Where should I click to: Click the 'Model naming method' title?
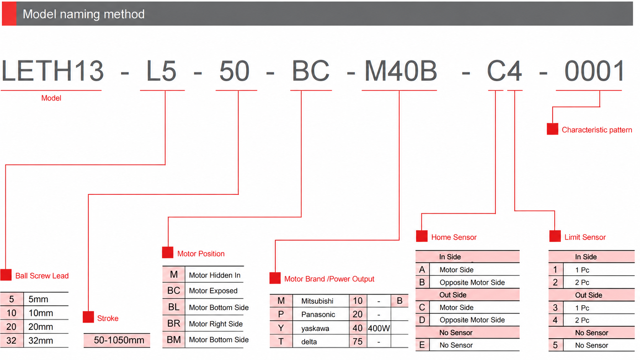83,14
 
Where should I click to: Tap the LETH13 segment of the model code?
52,71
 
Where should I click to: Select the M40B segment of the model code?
401,71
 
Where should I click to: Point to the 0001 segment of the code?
595,71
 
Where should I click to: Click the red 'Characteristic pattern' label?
597,130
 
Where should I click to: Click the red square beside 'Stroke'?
88,317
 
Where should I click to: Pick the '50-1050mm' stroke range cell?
119,340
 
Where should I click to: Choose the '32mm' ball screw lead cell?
41,340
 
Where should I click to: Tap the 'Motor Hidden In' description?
215,275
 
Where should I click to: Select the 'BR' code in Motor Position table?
174,323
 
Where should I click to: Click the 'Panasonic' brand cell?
318,314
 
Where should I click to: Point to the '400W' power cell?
379,328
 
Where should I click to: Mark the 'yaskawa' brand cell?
315,329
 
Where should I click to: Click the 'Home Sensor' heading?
454,237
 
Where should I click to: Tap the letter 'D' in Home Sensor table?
422,320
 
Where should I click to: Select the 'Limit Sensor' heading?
585,237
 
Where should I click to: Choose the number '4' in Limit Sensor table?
555,320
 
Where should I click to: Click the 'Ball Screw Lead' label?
42,276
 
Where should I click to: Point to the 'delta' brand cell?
309,342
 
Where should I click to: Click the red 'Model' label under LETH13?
51,98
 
